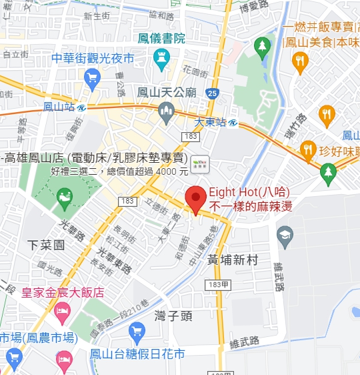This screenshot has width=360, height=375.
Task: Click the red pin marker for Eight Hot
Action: pyautogui.click(x=195, y=199)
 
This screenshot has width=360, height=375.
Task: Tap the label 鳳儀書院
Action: pyautogui.click(x=161, y=39)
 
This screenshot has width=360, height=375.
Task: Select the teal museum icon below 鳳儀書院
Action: pyautogui.click(x=161, y=61)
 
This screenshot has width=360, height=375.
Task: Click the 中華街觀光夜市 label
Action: pyautogui.click(x=93, y=58)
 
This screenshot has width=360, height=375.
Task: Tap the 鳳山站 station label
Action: pyautogui.click(x=57, y=106)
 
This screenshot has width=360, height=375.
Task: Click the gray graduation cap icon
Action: pyautogui.click(x=285, y=234)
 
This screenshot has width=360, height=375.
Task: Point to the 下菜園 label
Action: pyautogui.click(x=46, y=245)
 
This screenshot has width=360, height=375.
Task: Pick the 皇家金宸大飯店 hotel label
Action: pyautogui.click(x=63, y=292)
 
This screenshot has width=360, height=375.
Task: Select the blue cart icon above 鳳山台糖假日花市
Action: pyautogui.click(x=137, y=330)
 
